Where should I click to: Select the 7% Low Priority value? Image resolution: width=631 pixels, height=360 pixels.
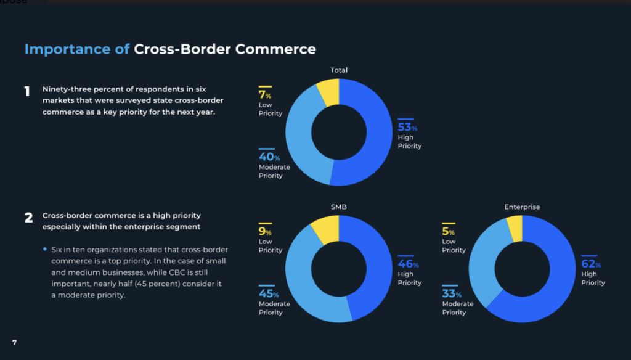click(x=265, y=96)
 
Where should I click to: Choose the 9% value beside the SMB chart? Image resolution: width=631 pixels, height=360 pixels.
click(x=265, y=232)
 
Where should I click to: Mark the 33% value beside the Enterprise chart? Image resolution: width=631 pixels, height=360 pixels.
click(x=452, y=294)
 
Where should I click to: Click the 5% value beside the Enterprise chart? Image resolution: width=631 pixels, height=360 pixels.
click(x=448, y=232)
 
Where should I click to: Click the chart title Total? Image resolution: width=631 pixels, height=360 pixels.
click(x=339, y=70)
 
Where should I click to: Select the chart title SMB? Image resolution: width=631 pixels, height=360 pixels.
click(x=339, y=207)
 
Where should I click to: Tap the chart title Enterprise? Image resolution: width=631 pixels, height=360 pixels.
click(x=522, y=207)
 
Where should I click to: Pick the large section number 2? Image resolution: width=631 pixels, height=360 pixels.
click(x=28, y=218)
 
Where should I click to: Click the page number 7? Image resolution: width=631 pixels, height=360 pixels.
click(x=14, y=342)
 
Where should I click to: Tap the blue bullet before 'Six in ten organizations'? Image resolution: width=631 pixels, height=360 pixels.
click(x=45, y=249)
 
